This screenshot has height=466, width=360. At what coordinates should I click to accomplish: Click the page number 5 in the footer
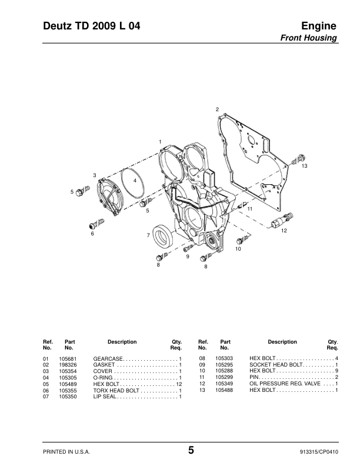pyautogui.click(x=191, y=451)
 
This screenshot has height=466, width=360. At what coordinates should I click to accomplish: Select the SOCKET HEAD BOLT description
pyautogui.click(x=275, y=365)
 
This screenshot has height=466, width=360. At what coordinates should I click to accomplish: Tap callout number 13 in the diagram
pyautogui.click(x=305, y=167)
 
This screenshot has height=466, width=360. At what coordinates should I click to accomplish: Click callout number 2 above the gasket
pyautogui.click(x=217, y=110)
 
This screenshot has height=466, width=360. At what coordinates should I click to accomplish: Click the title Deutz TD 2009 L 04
pyautogui.click(x=92, y=26)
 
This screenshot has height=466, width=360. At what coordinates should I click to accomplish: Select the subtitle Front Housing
pyautogui.click(x=311, y=38)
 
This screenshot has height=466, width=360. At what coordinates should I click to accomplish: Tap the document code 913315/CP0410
pyautogui.click(x=318, y=451)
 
